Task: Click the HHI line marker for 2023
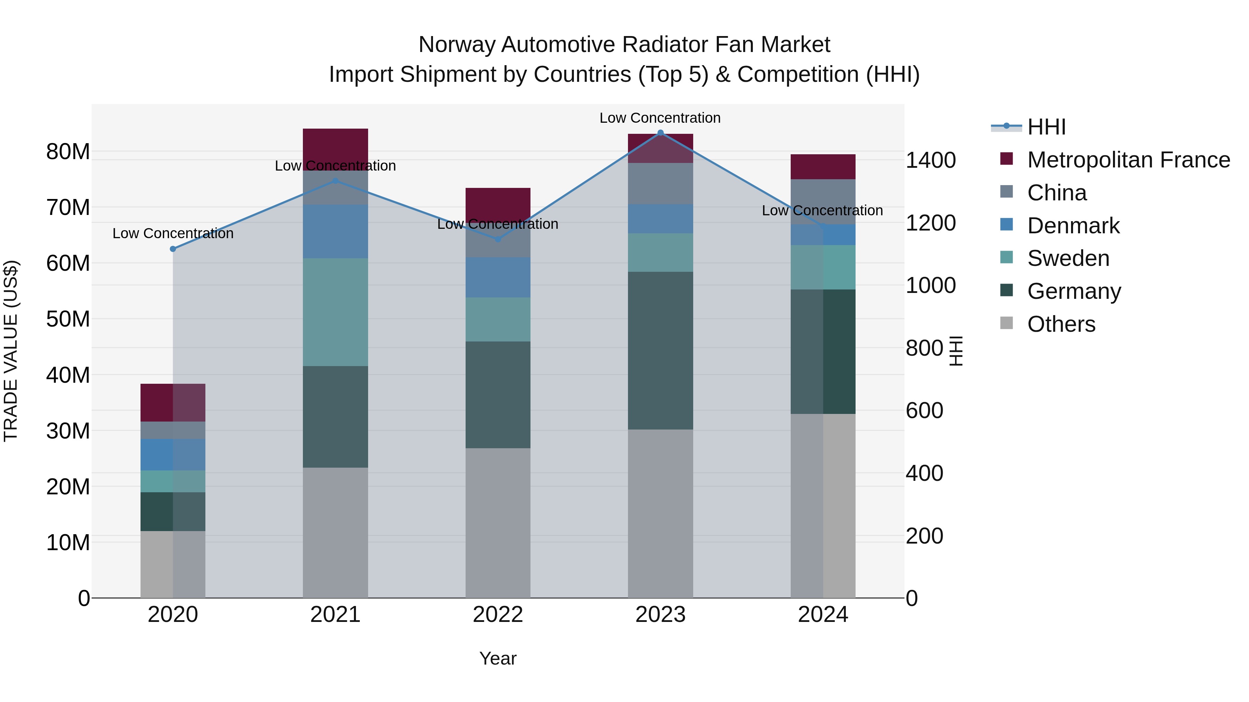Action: [x=660, y=133]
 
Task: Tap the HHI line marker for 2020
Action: [x=173, y=249]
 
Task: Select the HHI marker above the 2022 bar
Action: [x=498, y=239]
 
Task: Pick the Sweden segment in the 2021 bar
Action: [x=335, y=312]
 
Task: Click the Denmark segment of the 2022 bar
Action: [x=498, y=277]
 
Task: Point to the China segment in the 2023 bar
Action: [x=660, y=184]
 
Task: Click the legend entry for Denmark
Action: [x=1073, y=226]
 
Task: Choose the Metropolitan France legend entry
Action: [x=1128, y=160]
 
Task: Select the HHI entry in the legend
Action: [x=1046, y=127]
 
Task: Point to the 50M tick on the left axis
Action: [x=68, y=319]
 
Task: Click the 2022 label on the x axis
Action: [x=498, y=615]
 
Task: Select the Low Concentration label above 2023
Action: [x=660, y=118]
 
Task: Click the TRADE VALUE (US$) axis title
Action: [x=11, y=351]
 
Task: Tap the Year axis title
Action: [x=498, y=658]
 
